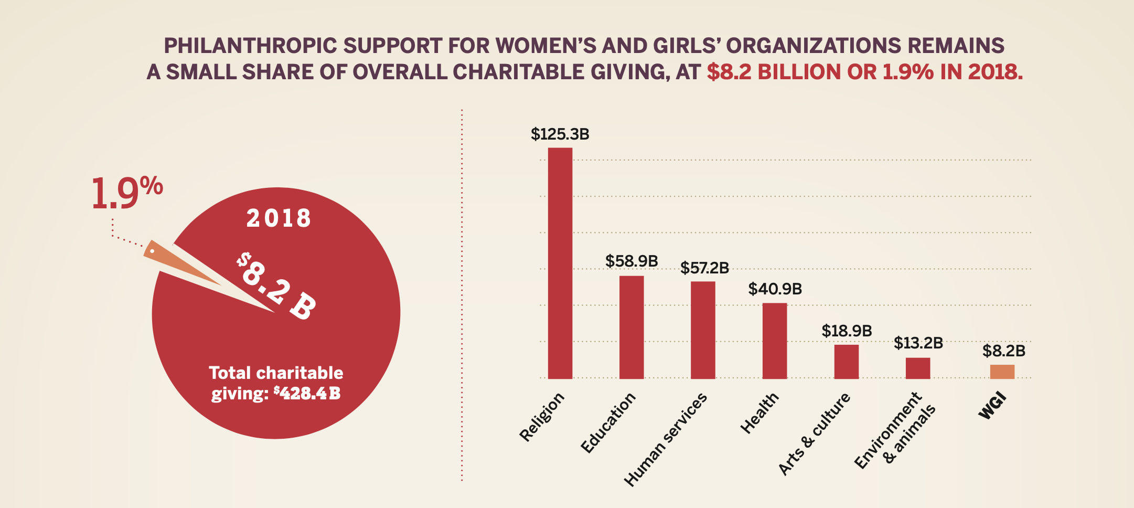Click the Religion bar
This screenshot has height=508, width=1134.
click(560, 262)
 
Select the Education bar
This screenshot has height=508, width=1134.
click(632, 327)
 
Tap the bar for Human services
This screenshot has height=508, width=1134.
click(703, 330)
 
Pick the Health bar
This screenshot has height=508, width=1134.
click(775, 341)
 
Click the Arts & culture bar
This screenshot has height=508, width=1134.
click(847, 361)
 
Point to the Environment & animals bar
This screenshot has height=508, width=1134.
click(918, 368)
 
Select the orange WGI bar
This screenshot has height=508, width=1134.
click(1002, 372)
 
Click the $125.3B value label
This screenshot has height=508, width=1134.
click(560, 134)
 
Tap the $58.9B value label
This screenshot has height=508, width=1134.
click(632, 261)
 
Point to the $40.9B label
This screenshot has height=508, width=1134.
click(775, 289)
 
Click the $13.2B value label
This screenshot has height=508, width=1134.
click(918, 343)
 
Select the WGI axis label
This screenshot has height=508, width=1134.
click(992, 406)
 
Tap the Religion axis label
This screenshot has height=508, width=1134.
click(542, 417)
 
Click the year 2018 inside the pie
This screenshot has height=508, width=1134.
click(279, 218)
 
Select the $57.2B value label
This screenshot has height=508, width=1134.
click(704, 268)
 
